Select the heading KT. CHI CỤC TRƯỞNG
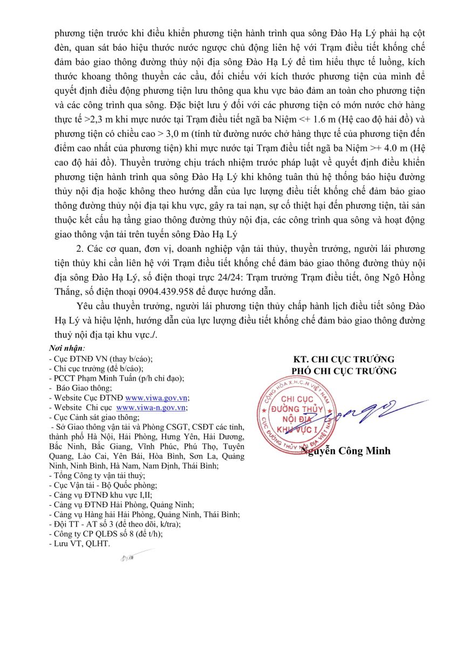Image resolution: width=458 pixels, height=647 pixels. (344, 359)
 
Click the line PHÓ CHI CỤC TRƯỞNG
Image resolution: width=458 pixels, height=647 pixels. (344, 370)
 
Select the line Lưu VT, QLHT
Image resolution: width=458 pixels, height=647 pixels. (79, 544)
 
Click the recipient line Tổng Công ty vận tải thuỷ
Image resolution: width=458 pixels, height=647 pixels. (97, 476)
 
